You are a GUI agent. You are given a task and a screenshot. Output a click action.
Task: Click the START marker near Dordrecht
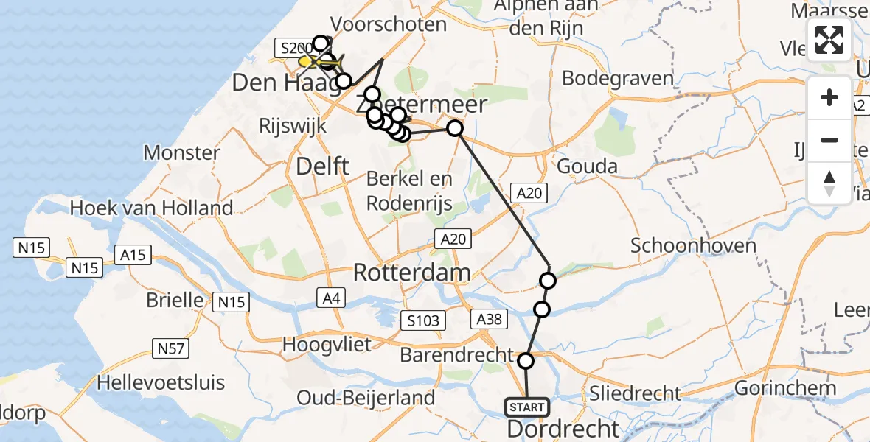pos(526,407)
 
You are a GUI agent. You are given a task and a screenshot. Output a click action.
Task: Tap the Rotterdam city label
pos(411,273)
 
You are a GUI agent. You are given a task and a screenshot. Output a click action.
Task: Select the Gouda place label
pos(587,166)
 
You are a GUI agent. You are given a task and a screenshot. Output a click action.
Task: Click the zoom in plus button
pos(829,97)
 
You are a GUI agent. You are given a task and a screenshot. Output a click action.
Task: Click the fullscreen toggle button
pos(829,40)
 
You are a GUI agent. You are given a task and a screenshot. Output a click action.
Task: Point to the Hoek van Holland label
pos(151,208)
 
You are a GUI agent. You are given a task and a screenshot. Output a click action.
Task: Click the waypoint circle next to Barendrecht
pos(526,361)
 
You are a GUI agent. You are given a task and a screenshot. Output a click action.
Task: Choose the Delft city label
pos(322,166)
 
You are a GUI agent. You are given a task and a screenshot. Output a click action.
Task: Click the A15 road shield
pos(133,256)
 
